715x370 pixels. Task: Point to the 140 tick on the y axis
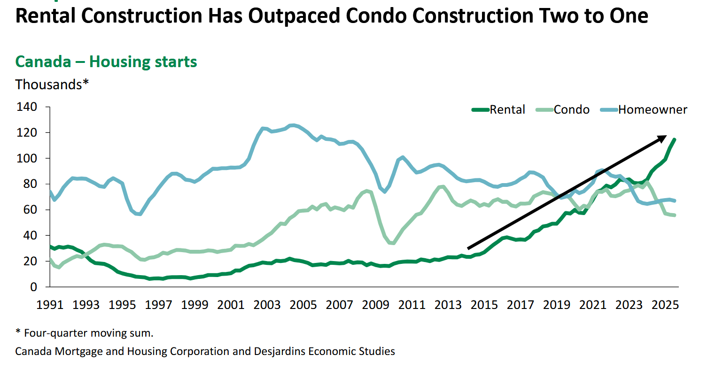click(x=27, y=107)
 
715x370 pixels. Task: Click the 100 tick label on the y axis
click(x=27, y=158)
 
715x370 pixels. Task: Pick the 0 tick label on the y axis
click(x=33, y=287)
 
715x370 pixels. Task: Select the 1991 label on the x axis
click(x=50, y=305)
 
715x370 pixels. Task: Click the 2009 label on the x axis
click(x=375, y=305)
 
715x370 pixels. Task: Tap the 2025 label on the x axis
click(x=665, y=305)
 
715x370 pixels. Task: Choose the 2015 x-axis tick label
click(x=484, y=305)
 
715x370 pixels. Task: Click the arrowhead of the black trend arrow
click(x=663, y=138)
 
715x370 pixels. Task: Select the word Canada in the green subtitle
click(x=43, y=62)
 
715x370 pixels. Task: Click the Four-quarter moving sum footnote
click(x=88, y=333)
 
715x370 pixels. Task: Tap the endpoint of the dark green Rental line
click(x=675, y=139)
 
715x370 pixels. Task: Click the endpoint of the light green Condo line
click(x=675, y=215)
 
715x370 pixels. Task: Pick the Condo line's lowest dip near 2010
click(x=393, y=243)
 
